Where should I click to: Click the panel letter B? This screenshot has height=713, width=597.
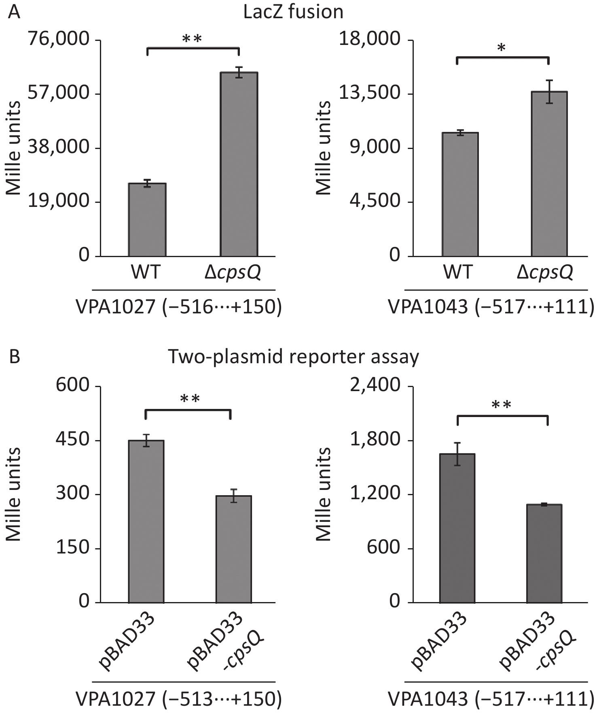pos(14,357)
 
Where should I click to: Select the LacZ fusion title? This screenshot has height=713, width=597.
pos(293,12)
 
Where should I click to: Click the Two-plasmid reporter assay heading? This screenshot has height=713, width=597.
pos(293,357)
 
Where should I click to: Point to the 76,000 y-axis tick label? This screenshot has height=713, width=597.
pos(59,39)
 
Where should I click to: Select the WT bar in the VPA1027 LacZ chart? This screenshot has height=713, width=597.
pos(147,220)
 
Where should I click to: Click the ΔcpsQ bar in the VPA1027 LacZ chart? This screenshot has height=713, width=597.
pos(239,164)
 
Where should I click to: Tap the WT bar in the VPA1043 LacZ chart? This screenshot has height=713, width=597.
pos(460,194)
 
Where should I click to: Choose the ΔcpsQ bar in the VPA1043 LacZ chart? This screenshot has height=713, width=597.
pos(549,174)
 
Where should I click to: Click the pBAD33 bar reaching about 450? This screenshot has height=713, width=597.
pos(146,521)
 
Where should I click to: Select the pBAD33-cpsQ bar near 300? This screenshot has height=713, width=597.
pos(233,549)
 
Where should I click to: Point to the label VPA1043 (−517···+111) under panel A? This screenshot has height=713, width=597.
pos(491,307)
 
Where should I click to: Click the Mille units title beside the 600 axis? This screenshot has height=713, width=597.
pos(13,494)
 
